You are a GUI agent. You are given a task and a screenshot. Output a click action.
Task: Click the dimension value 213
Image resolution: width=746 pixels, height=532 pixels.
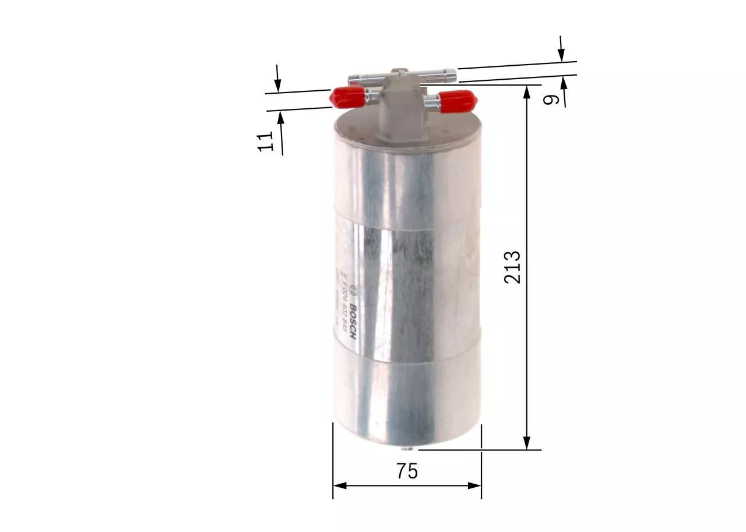point(513,267)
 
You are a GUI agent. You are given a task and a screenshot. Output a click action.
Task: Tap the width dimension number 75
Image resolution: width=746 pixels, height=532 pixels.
point(407,471)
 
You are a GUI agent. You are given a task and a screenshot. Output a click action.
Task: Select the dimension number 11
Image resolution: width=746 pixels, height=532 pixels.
point(266,141)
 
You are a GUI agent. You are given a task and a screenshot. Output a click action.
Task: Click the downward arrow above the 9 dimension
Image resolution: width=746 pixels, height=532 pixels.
point(561,55)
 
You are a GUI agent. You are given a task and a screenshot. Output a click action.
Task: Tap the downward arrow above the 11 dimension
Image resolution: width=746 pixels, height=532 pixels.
point(278,84)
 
